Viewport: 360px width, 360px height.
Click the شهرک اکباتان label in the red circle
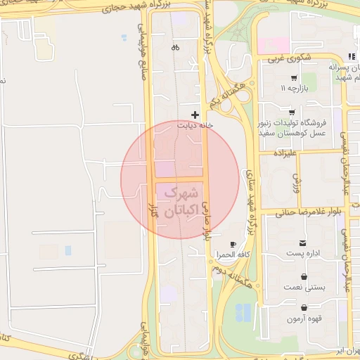click(180, 200)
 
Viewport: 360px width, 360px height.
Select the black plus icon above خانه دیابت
click(195, 114)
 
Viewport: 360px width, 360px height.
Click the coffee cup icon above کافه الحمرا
click(233, 243)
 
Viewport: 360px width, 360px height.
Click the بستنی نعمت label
click(304, 288)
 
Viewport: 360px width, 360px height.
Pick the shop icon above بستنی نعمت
click(303, 278)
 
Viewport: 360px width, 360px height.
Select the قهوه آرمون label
click(304, 319)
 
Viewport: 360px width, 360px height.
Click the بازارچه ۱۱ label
click(295, 89)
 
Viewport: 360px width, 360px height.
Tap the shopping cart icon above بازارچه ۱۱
click(293, 78)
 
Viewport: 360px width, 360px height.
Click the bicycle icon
click(175, 48)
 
